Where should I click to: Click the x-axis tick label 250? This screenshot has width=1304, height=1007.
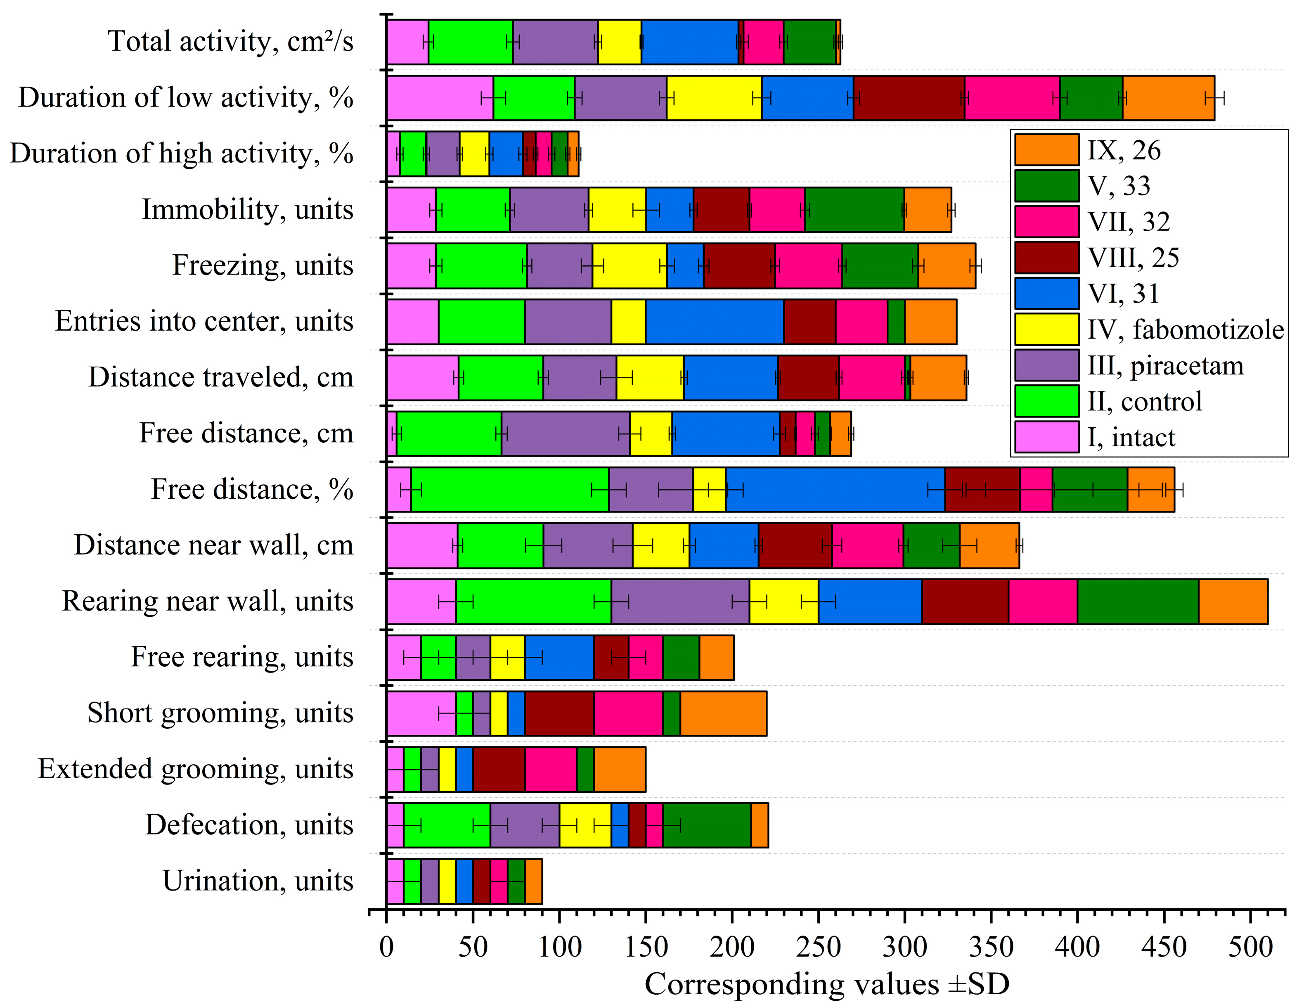point(819,948)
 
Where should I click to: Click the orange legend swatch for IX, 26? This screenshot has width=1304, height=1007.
point(1047,149)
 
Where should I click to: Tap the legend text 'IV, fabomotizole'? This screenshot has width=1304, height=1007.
point(1185,330)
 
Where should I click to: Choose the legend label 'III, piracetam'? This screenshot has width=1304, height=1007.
point(1165,365)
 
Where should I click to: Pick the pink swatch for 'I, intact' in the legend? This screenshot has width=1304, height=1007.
point(1047,437)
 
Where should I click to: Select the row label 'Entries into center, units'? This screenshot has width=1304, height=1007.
point(204,321)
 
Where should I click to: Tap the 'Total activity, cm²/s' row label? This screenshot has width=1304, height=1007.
point(230,42)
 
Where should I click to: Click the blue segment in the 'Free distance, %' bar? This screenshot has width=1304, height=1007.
point(835,490)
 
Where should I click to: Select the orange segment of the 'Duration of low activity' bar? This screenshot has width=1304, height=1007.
point(1168,98)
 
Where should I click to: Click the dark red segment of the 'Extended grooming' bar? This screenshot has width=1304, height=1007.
point(499,769)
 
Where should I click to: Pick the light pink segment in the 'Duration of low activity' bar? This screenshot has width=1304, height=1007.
point(440,98)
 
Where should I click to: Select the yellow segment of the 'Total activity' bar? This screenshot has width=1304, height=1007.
point(619,42)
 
